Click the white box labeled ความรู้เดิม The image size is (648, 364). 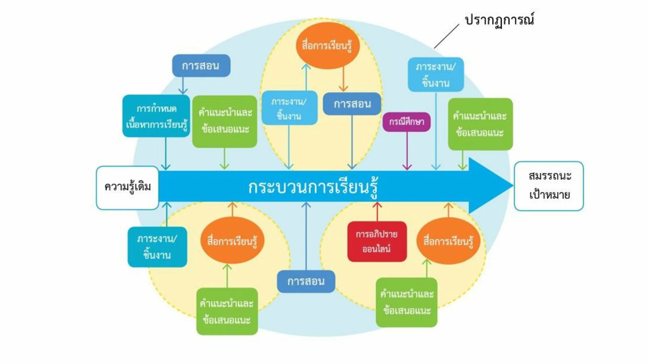point(127,188)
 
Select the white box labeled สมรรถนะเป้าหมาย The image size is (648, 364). point(549,186)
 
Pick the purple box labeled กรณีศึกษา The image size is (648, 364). point(407,122)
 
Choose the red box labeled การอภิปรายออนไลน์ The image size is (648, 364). point(377,242)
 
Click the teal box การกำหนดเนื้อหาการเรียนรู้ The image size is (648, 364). point(156,116)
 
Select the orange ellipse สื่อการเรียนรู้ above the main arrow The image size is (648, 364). point(328,46)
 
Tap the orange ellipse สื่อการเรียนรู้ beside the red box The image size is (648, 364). point(448,241)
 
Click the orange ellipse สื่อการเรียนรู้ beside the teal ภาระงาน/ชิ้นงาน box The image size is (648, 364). point(232,240)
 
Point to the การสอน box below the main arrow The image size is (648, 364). point(306,281)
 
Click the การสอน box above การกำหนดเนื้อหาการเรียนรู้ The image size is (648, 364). point(201,66)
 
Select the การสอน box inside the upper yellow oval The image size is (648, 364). point(352,104)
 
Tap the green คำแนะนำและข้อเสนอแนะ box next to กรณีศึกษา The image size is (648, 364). point(480,124)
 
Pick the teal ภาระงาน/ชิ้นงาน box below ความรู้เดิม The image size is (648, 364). point(157,247)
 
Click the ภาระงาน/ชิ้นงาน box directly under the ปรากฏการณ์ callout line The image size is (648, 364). point(436,75)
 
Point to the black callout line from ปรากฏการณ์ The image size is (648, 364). point(447,36)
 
